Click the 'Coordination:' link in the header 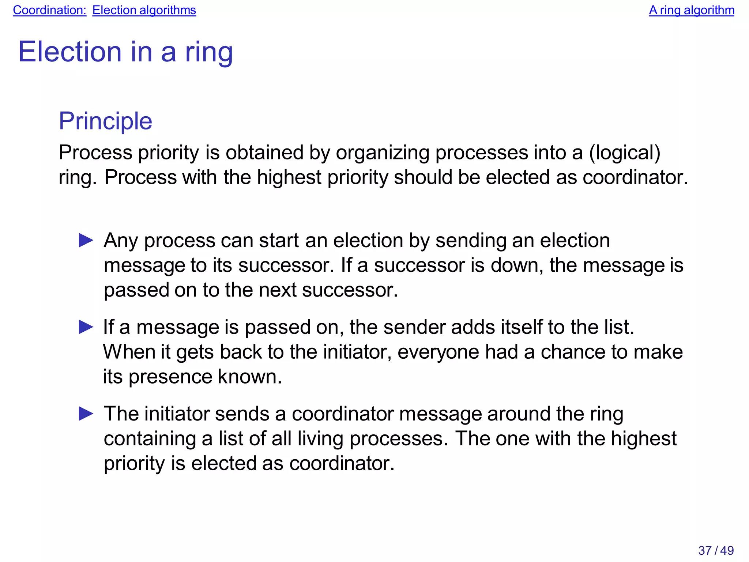pos(49,10)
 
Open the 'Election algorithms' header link pos(144,10)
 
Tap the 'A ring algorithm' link pos(691,10)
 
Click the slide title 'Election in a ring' pos(125,52)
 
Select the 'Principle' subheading pos(105,121)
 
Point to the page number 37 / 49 pos(716,550)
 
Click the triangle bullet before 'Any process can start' pos(86,241)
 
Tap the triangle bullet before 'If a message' pos(86,327)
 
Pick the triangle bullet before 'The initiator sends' pos(86,414)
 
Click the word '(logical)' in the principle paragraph pos(625,152)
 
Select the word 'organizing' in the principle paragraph pos(383,152)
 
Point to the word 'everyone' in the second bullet pos(438,352)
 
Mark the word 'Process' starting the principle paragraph pos(95,152)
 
